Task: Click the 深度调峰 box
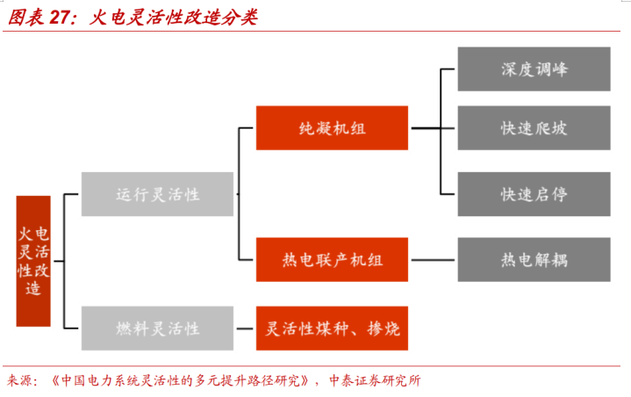pos(534,69)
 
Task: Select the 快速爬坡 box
pos(534,128)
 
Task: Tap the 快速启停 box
pos(534,194)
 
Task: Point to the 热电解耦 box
pos(534,260)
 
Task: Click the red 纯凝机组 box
pos(332,128)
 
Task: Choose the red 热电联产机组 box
pos(332,260)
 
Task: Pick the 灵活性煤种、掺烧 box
pos(332,328)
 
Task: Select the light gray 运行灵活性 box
pos(157,194)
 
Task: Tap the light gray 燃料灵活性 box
pos(157,328)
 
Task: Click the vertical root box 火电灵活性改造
pos(33,261)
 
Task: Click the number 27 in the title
pos(60,18)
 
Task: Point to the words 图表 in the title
pos(25,18)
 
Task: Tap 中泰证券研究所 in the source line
pos(375,380)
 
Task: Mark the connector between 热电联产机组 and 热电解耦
pos(433,260)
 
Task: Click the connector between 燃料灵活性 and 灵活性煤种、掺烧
pos(245,328)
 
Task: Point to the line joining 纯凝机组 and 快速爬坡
pos(433,128)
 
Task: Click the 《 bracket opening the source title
pos(55,380)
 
